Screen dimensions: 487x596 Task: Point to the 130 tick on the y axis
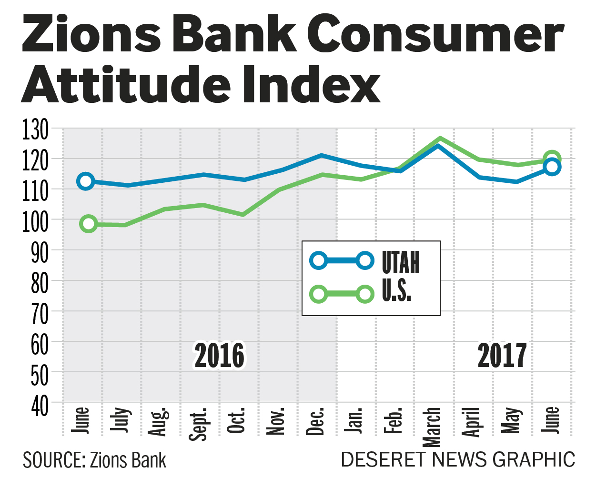[x=35, y=130]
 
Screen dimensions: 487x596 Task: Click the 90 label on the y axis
[x=40, y=253]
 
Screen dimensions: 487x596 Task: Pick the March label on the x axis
[x=433, y=427]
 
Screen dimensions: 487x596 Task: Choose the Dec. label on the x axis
[x=315, y=421]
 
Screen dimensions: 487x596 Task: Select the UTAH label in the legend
[x=401, y=262]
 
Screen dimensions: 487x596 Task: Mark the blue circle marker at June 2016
[x=86, y=181]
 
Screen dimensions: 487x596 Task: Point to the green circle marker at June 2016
[x=89, y=224]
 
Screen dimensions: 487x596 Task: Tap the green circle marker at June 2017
[x=552, y=159]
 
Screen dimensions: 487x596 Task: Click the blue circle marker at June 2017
[x=552, y=167]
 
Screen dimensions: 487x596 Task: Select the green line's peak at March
[x=439, y=139]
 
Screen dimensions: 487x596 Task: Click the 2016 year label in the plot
[x=219, y=356]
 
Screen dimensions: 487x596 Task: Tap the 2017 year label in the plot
[x=502, y=356]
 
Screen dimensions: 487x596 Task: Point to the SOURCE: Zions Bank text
[x=94, y=460]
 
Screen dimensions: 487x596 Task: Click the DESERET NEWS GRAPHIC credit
[x=458, y=460]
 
